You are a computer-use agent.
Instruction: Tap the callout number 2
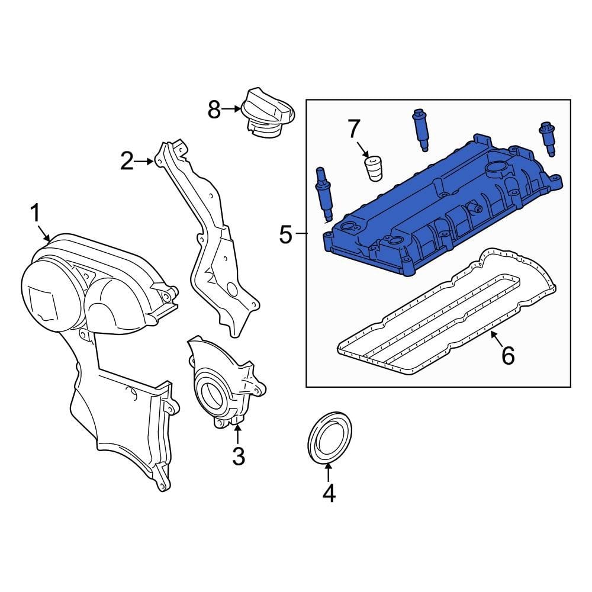click(127, 160)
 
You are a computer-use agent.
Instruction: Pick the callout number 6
click(507, 355)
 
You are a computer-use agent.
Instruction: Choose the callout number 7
click(353, 127)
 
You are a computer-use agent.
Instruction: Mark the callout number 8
click(214, 109)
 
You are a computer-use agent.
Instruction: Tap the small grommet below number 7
click(372, 168)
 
